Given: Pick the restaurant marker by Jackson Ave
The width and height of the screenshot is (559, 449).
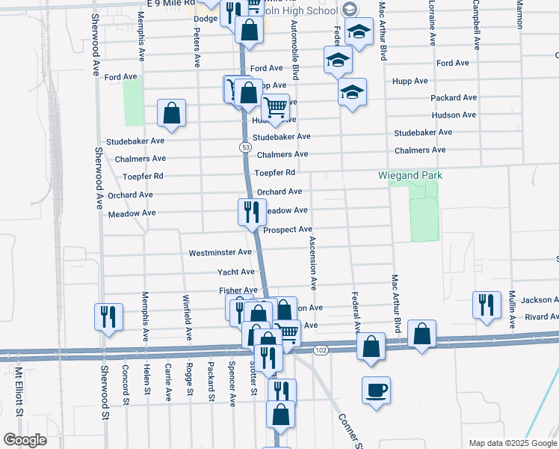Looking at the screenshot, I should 487,305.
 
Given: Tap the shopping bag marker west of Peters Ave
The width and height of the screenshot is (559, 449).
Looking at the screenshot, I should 172,113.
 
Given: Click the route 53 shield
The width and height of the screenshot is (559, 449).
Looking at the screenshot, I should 245,147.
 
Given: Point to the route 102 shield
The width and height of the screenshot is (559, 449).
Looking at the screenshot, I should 321,350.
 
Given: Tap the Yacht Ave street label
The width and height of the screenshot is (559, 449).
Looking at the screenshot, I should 236,272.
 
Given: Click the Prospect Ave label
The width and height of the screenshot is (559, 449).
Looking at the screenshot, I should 288,230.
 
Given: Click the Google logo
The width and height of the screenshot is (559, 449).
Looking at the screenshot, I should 25,440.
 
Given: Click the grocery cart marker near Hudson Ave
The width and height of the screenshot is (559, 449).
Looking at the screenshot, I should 276,108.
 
